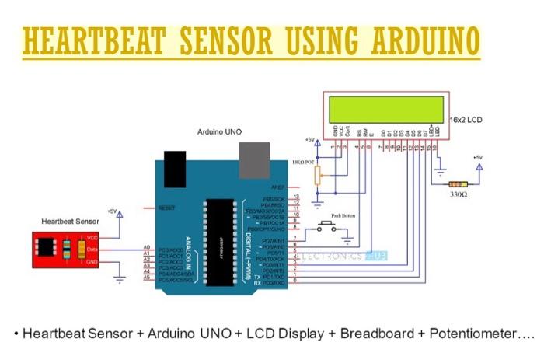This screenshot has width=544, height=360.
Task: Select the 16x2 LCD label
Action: coord(466,121)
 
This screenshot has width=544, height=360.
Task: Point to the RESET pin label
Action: coord(166,208)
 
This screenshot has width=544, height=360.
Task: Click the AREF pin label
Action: coord(278,187)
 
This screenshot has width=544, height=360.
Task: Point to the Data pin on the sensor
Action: coord(92,250)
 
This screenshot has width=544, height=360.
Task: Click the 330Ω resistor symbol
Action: coord(459,184)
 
